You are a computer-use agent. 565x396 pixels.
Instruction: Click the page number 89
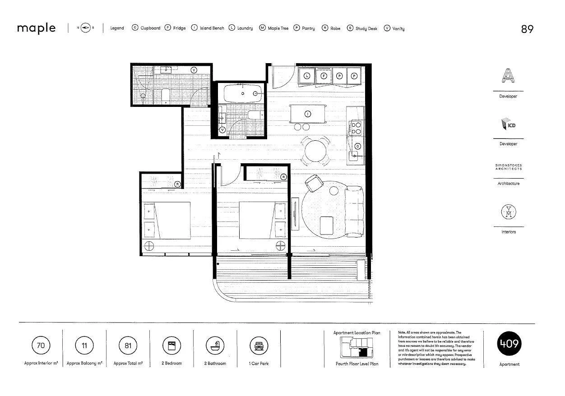tap(527, 29)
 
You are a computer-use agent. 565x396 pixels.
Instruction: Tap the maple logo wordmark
tap(37, 28)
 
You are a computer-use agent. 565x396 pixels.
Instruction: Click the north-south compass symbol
tap(85, 28)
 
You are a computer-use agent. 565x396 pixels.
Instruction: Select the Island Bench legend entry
tap(208, 28)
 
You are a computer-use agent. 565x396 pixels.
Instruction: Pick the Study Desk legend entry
tap(362, 28)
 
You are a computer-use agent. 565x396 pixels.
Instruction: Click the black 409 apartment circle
tap(509, 345)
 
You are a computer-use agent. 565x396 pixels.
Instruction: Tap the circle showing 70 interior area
tap(41, 346)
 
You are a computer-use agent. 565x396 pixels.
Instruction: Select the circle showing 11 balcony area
tap(84, 346)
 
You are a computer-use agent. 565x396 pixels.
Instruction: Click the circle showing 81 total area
tap(128, 346)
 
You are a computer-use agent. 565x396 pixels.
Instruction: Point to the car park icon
tap(259, 346)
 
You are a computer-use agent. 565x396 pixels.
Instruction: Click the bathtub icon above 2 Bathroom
tap(215, 346)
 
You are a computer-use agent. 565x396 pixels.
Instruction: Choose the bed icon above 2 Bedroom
tap(171, 346)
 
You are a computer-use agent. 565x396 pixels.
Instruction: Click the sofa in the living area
tap(355, 211)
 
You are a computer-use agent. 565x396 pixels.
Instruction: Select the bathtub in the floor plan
tap(243, 93)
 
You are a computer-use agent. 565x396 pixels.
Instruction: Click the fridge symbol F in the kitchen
tap(324, 76)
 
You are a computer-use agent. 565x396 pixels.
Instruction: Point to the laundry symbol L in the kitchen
tap(307, 76)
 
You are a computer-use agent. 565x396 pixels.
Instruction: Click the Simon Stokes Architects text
tap(508, 167)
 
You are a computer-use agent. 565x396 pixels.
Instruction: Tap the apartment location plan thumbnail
tap(357, 348)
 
